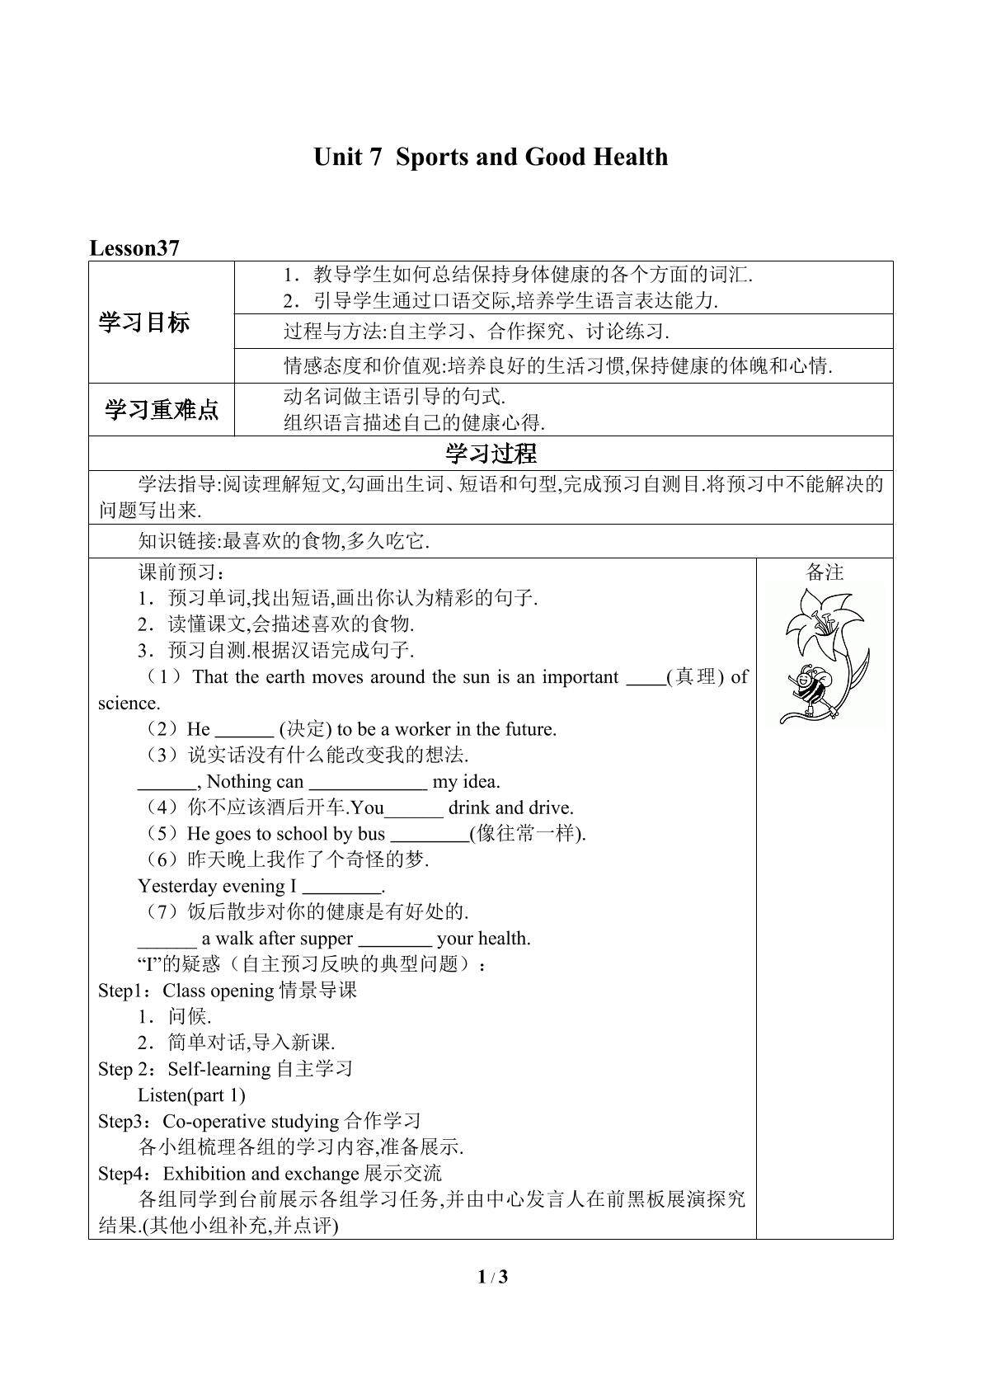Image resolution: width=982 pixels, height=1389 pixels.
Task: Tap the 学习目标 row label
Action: point(143,323)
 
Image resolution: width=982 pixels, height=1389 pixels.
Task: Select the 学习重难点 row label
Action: point(162,409)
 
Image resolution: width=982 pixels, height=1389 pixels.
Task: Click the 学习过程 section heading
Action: point(491,453)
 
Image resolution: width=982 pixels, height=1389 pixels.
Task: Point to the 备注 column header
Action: point(825,572)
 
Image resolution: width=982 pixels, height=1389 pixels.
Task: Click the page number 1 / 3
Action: point(492,1278)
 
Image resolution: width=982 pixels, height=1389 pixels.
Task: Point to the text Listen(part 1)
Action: point(191,1095)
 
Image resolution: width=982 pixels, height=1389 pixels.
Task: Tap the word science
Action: point(129,704)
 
